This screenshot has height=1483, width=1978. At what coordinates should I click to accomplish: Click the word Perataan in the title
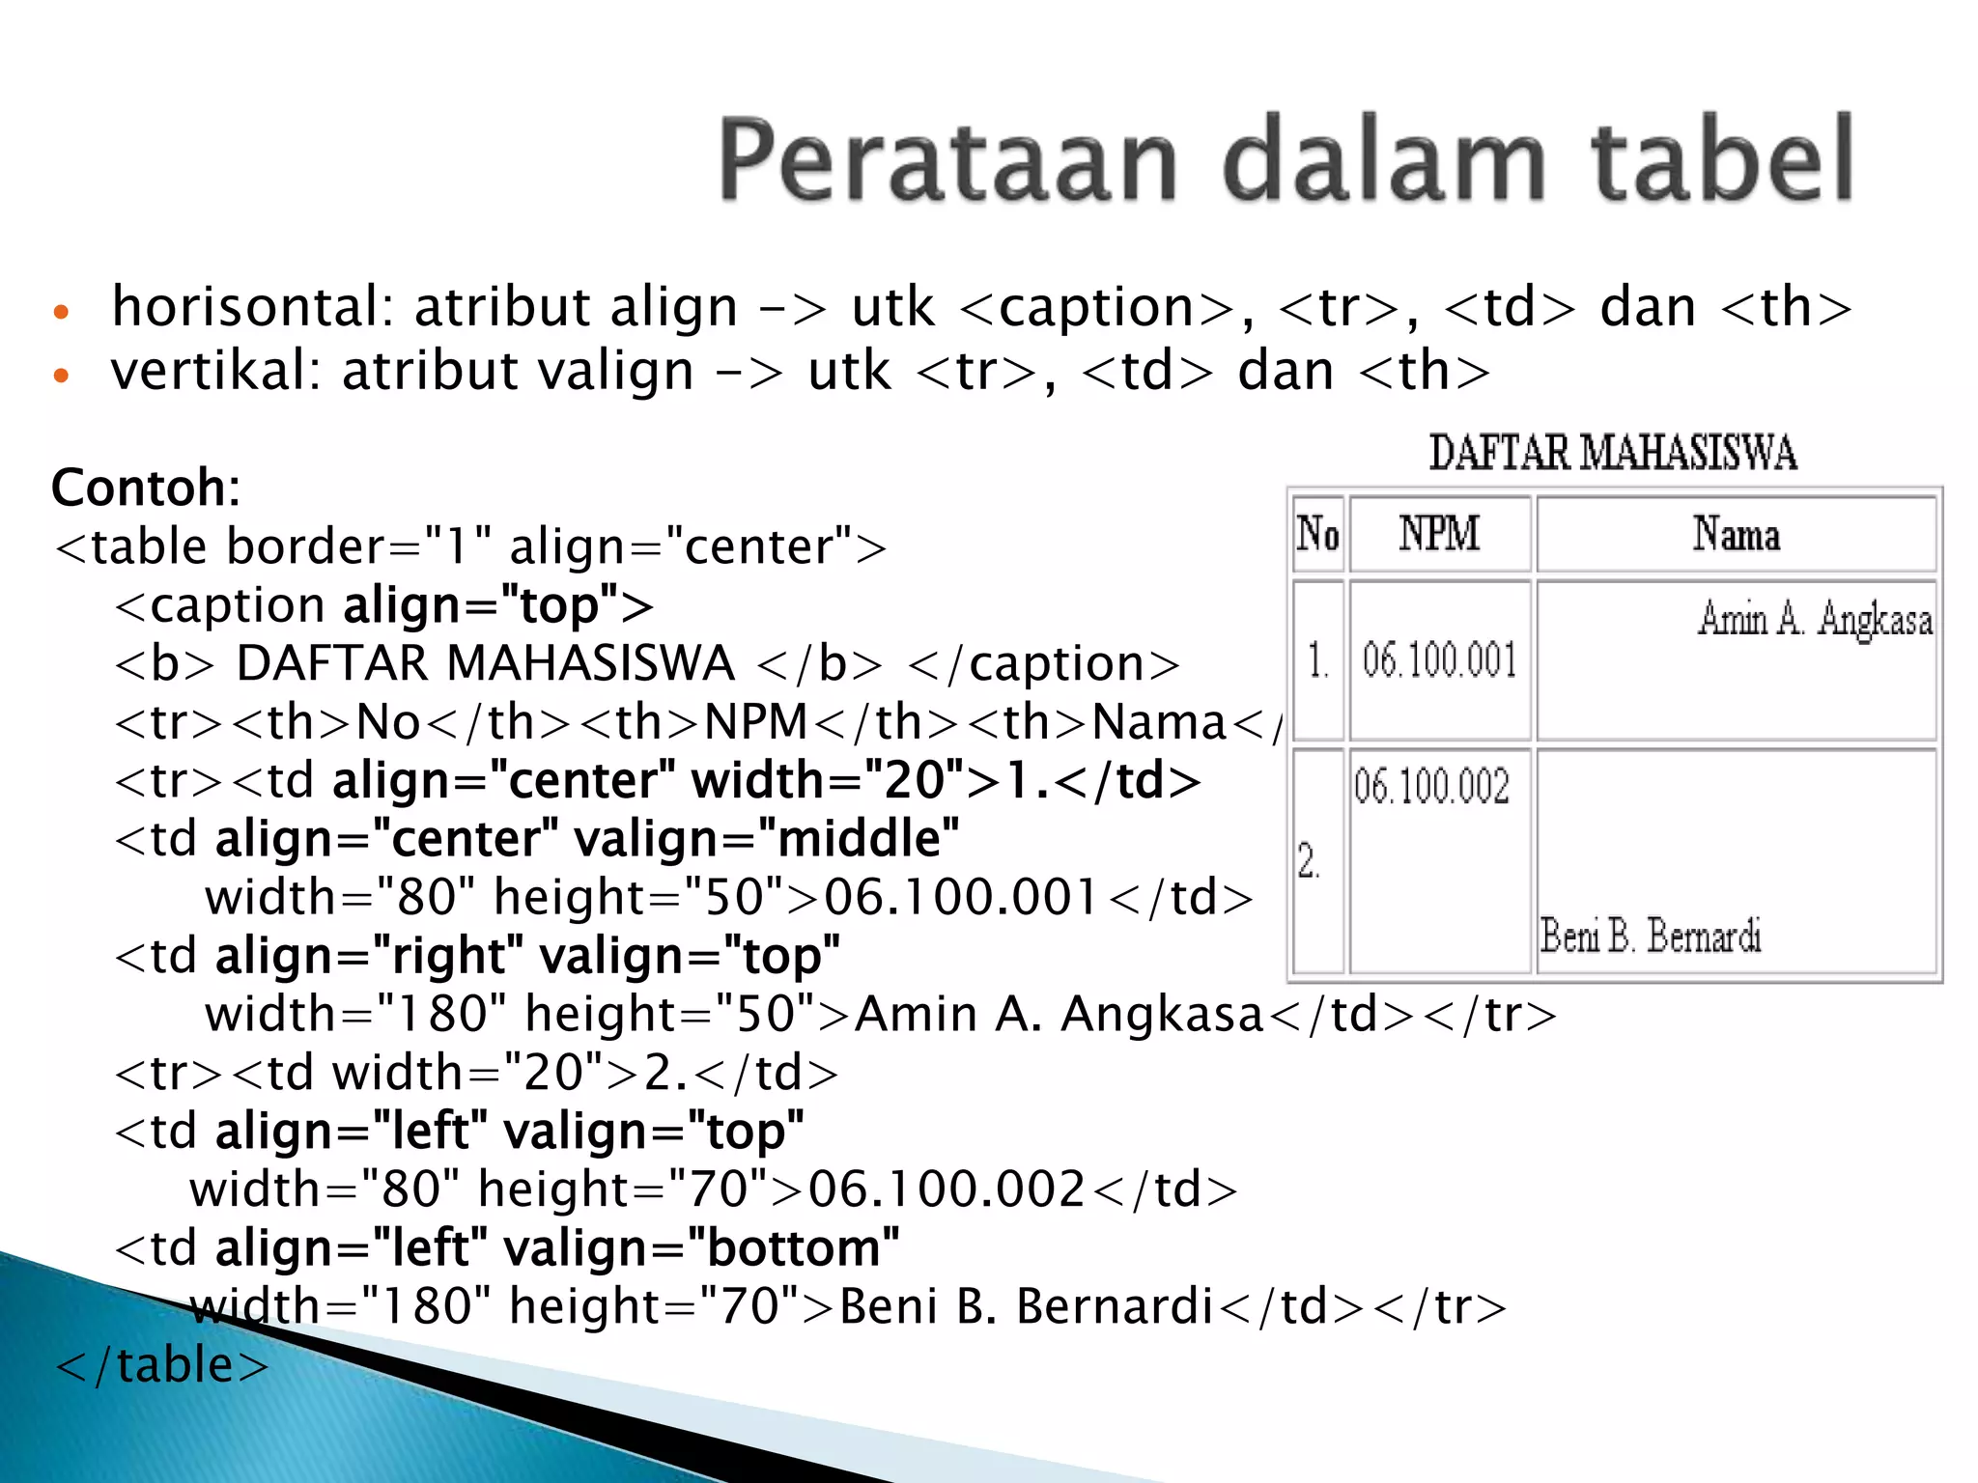tap(947, 159)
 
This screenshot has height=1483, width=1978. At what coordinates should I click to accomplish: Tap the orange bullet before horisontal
tap(62, 313)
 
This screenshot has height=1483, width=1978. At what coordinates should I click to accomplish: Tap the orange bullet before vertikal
tap(62, 376)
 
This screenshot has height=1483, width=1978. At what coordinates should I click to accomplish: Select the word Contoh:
tap(146, 488)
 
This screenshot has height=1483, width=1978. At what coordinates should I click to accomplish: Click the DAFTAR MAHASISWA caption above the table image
tap(1613, 454)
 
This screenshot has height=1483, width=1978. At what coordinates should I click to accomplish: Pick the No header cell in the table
tap(1318, 534)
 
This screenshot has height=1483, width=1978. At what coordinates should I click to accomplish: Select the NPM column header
tap(1439, 534)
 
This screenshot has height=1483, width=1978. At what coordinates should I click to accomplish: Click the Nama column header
tap(1736, 534)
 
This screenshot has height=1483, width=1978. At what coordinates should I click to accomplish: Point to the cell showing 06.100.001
tap(1439, 661)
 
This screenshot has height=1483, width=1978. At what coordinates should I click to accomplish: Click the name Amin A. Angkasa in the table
tap(1816, 619)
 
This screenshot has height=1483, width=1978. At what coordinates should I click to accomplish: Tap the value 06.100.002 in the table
tap(1431, 786)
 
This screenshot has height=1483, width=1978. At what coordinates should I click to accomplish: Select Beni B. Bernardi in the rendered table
tap(1651, 936)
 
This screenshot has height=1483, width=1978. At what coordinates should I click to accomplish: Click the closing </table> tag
tap(162, 1365)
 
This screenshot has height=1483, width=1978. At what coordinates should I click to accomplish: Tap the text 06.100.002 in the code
tap(947, 1189)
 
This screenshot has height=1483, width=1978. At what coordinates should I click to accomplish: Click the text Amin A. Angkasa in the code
tap(1060, 1015)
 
